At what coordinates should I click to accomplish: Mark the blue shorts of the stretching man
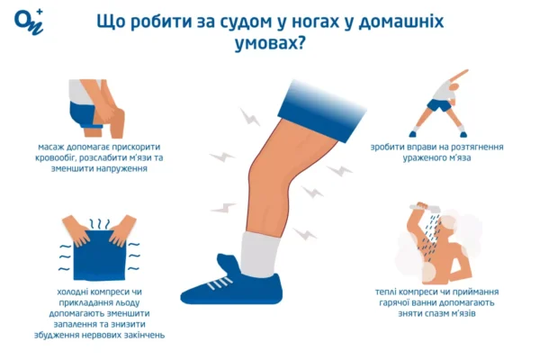click(439, 106)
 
